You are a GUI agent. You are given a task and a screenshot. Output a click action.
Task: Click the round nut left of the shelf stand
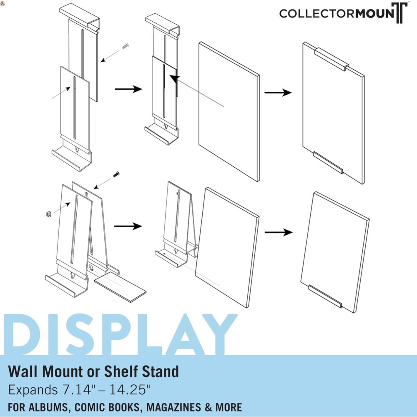48,214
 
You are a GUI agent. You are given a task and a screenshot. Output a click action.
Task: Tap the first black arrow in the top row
128,89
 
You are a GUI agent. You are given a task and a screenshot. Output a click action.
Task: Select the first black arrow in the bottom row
128,226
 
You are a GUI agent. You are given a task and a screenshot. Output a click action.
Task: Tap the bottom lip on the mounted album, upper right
328,162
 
